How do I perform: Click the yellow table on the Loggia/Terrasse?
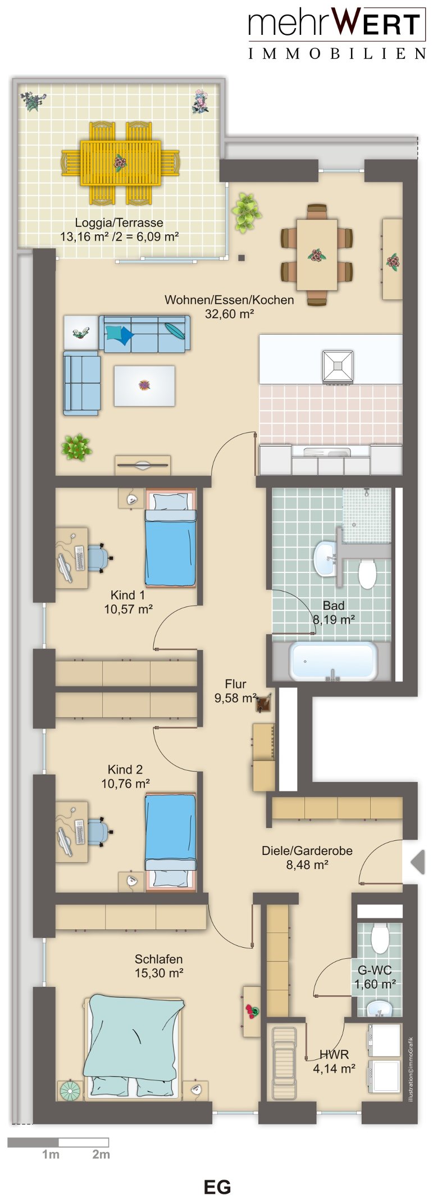point(120,162)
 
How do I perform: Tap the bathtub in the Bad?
point(332,661)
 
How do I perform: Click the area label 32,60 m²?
point(229,314)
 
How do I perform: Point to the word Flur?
point(235,684)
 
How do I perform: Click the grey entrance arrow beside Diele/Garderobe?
point(418,862)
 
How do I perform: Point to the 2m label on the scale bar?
point(101,1154)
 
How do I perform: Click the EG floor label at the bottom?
point(217,1187)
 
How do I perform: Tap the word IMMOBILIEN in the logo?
point(337,54)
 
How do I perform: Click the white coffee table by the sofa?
point(144,386)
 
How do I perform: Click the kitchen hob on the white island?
point(338,367)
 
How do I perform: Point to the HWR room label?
point(334,1054)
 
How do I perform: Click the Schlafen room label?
point(158,959)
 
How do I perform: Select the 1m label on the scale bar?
point(51,1154)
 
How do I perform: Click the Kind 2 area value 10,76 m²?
point(125,783)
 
